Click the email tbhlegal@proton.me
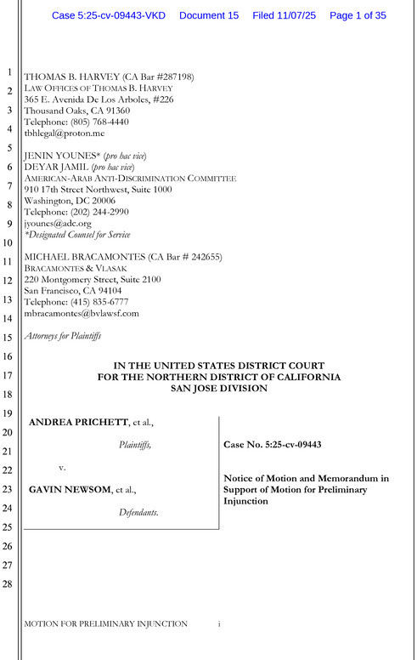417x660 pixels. tap(64, 134)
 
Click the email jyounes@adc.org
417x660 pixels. tap(57, 223)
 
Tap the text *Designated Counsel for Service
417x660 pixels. tap(77, 235)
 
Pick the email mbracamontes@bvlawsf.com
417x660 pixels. tap(81, 313)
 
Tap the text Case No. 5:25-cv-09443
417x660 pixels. tap(271, 445)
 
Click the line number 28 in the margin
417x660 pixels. tap(9, 585)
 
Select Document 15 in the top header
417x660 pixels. tap(210, 16)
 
